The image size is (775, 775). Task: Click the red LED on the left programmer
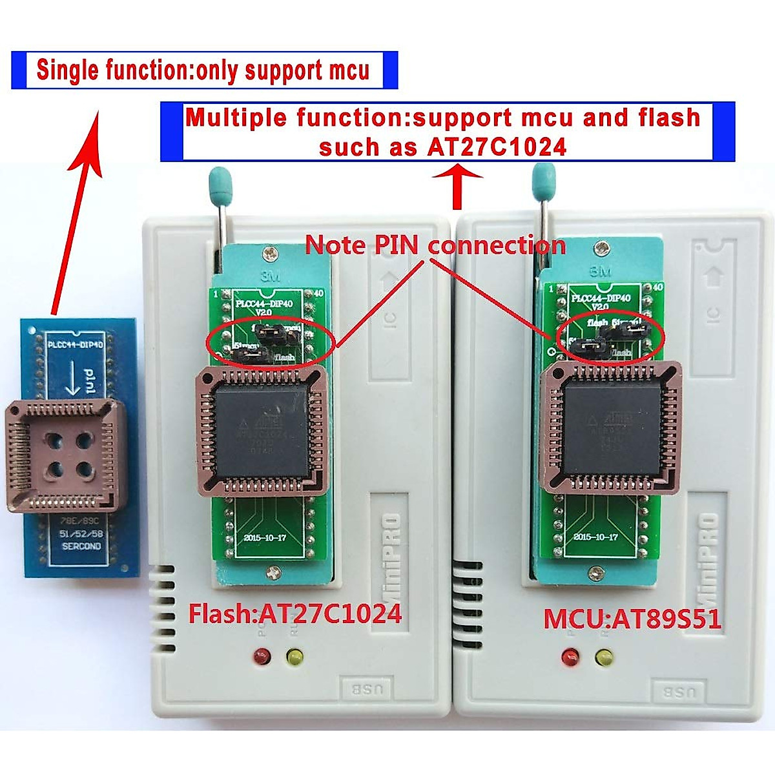262,657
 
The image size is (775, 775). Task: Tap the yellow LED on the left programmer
295,657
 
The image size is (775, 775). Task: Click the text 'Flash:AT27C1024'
294,613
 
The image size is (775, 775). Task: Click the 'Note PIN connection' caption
435,245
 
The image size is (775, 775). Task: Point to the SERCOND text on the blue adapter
81,546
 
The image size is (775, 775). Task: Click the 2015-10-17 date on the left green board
264,537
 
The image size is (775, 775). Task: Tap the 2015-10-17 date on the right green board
595,537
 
